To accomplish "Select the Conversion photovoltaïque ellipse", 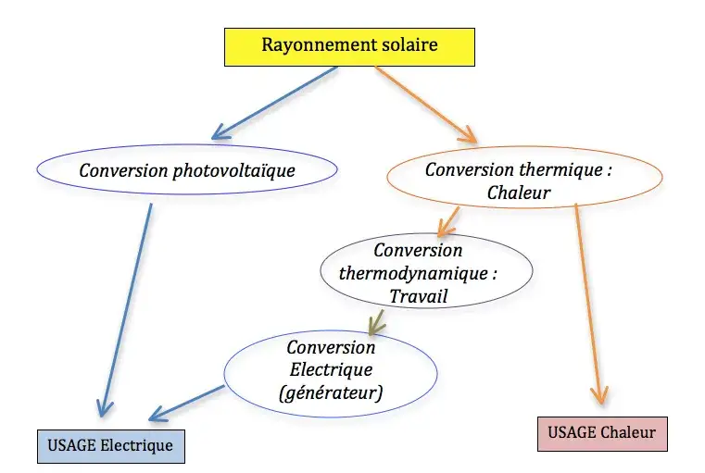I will click(x=186, y=170).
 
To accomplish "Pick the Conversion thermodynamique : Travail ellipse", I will click(x=426, y=274).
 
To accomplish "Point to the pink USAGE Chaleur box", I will click(x=602, y=432).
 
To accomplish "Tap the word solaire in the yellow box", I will click(x=405, y=45).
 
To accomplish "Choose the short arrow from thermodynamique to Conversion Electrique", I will click(x=377, y=321).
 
